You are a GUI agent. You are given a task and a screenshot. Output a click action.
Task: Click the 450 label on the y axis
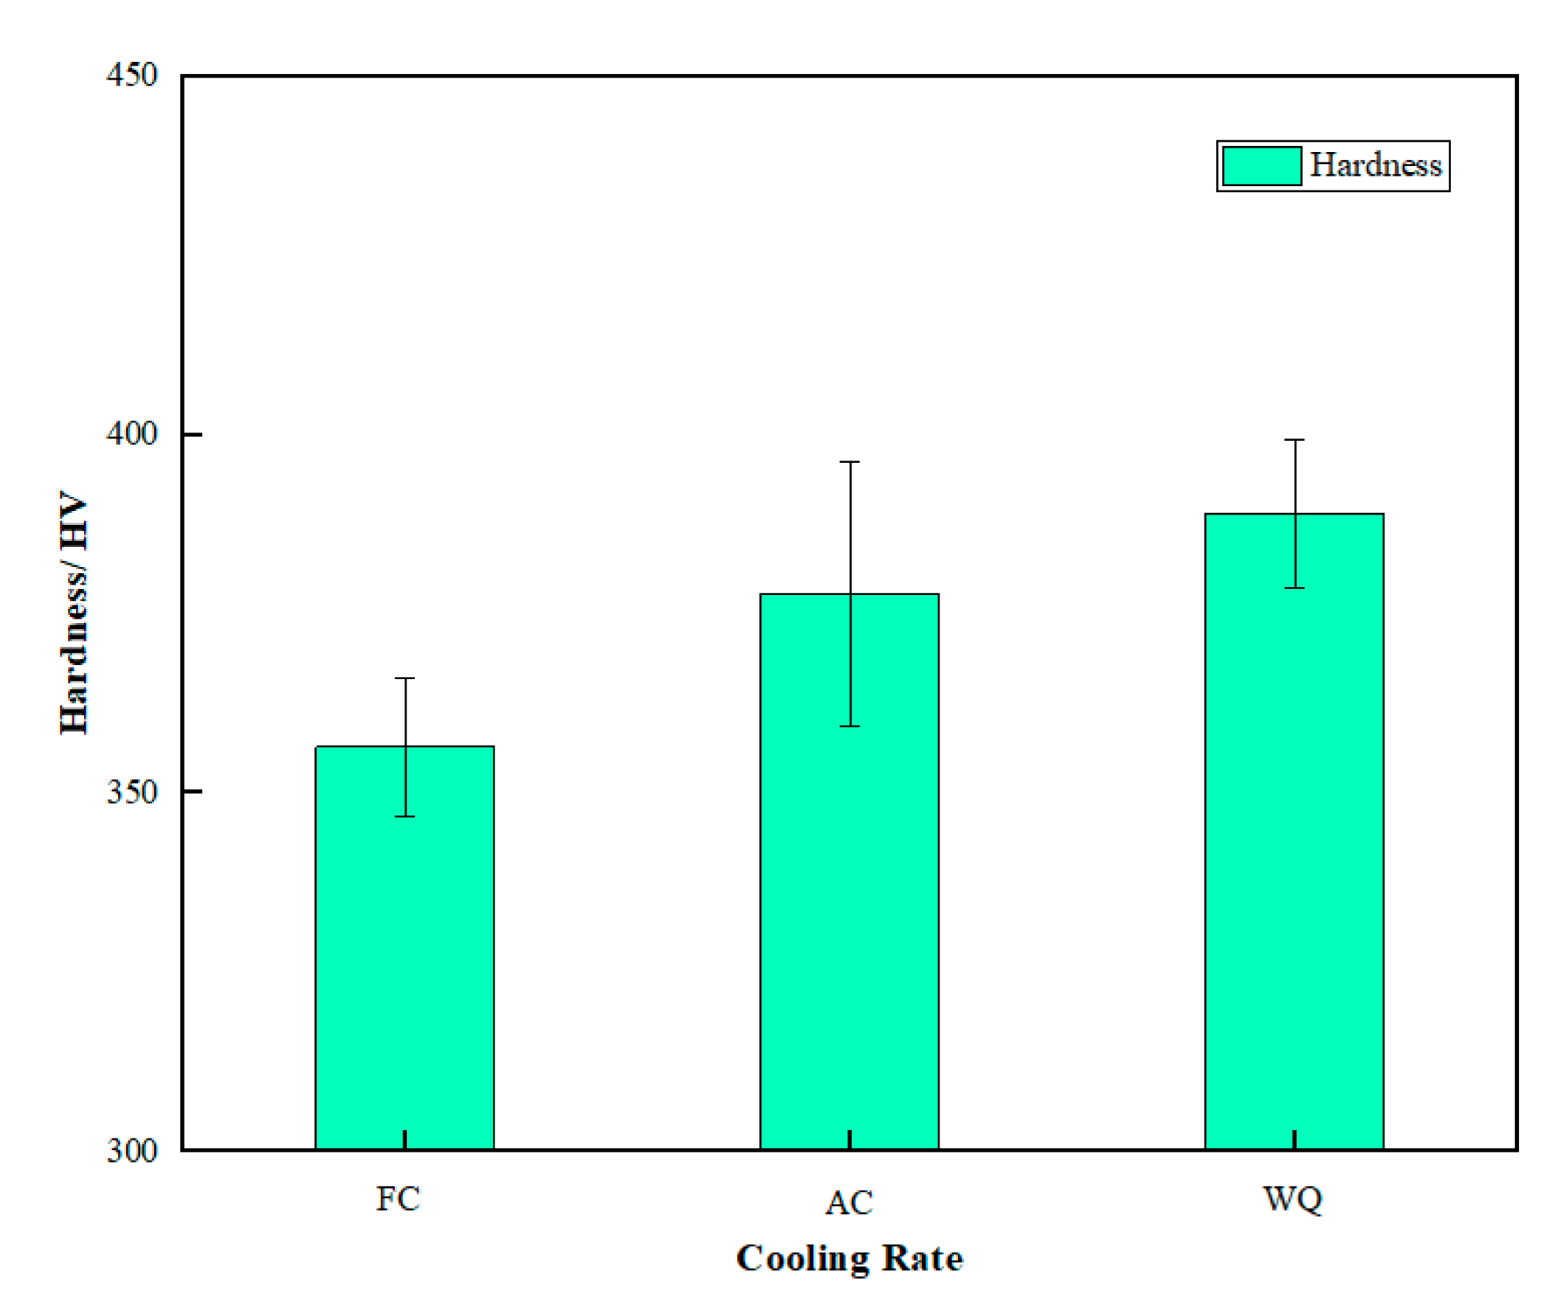pos(132,75)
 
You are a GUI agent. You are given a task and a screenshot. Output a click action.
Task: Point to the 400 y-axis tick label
pos(132,433)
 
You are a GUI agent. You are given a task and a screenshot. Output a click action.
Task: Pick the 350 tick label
pos(132,792)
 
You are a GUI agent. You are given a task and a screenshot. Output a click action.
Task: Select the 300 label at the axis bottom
pos(132,1150)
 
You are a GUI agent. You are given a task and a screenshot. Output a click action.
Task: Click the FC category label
pos(399,1199)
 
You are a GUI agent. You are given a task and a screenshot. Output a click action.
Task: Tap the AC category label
pos(849,1203)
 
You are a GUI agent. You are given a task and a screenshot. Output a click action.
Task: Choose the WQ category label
pos(1293,1199)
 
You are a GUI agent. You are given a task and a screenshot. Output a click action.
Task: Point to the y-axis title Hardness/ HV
pos(74,612)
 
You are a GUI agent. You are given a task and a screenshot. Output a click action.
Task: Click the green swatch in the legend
pos(1262,166)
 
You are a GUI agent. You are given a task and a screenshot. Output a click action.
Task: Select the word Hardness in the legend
pos(1376,165)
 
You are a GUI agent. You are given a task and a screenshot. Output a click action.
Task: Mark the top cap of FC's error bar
pos(404,678)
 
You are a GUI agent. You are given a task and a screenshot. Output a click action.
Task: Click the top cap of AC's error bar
pos(849,461)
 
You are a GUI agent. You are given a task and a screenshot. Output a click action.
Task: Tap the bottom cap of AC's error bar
pos(849,726)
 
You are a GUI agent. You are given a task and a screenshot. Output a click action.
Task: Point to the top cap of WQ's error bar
pos(1294,440)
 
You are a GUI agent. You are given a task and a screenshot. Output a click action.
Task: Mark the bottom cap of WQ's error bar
pos(1294,588)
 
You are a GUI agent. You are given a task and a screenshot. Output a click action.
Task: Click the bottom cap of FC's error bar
pos(404,816)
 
